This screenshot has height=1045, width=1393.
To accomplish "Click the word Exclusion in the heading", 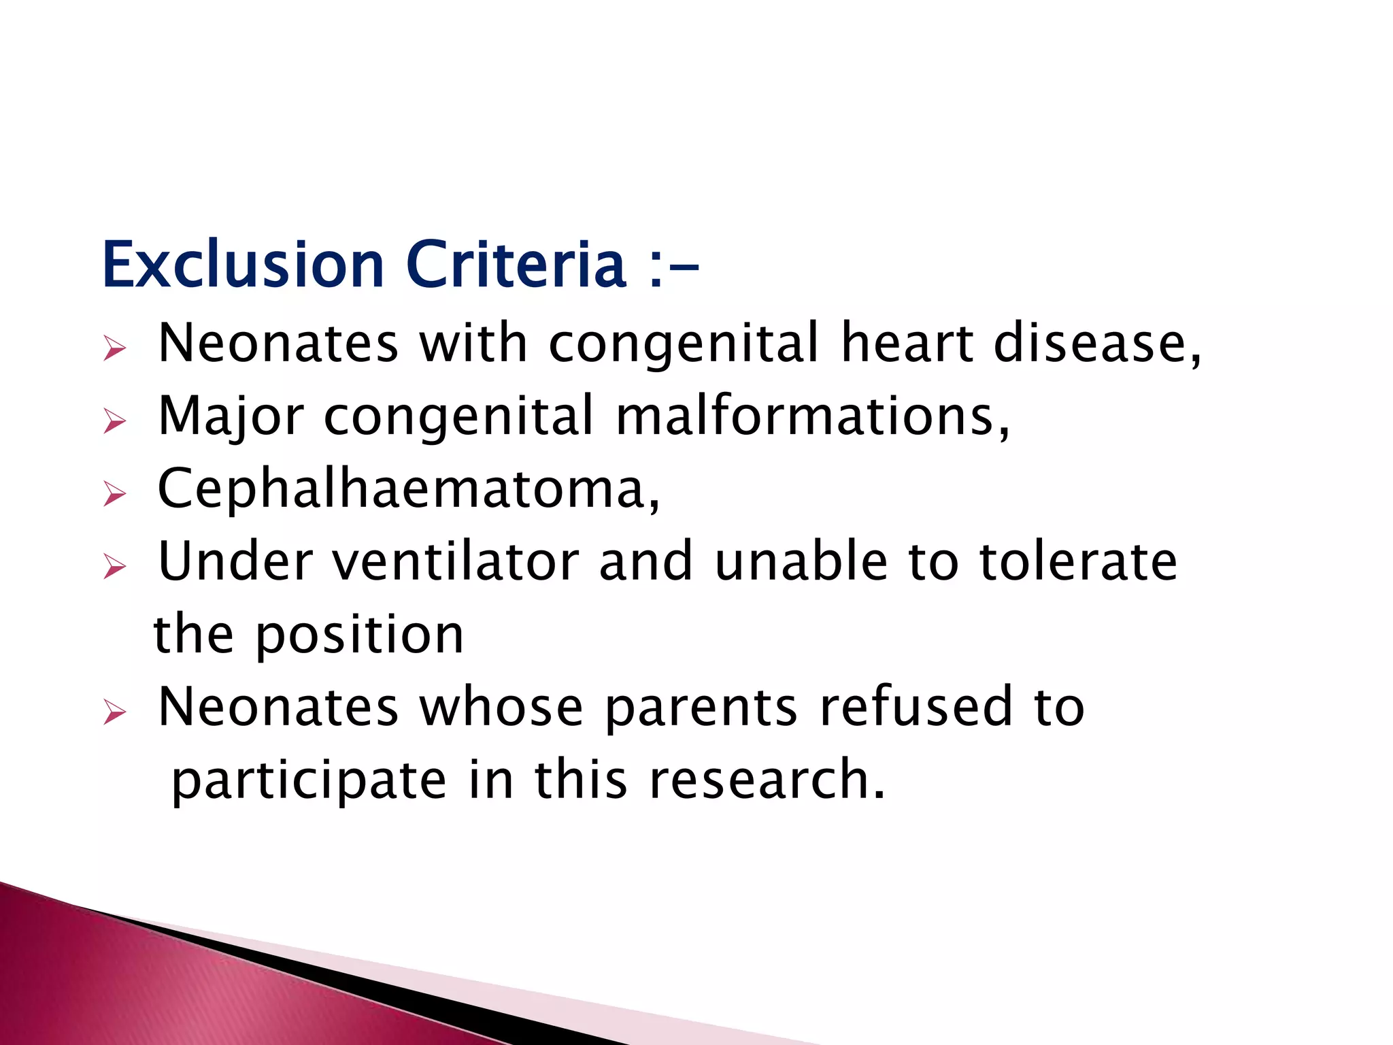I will (x=243, y=265).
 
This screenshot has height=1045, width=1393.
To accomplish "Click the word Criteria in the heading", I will (x=515, y=265).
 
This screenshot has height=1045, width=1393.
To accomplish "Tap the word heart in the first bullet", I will (x=907, y=343).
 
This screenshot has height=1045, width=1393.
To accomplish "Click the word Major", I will (x=231, y=416).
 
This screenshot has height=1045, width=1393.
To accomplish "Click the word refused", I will (x=916, y=708).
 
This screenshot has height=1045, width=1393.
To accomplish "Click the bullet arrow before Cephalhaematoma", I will (x=115, y=493).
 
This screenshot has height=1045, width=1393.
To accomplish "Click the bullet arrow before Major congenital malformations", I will (x=115, y=421).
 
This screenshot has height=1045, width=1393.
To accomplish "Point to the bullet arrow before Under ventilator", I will (x=115, y=566).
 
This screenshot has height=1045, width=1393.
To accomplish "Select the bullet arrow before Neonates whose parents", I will (x=115, y=712).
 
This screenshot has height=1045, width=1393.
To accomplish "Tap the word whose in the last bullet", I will (x=501, y=708).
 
